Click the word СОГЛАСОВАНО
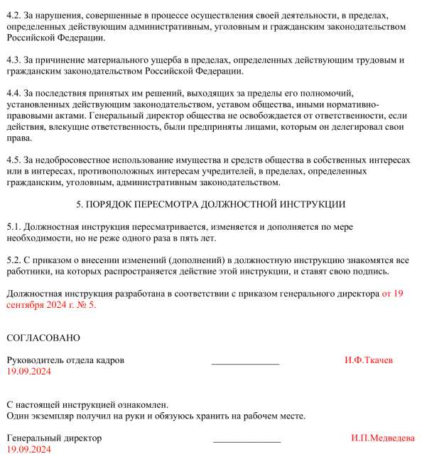point(43,338)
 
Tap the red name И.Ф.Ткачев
point(369,360)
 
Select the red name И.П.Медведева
point(383,438)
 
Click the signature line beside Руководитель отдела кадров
point(245,363)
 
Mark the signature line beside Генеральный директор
point(247,441)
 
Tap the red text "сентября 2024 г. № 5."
point(50,304)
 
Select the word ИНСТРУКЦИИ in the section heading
point(310,204)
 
